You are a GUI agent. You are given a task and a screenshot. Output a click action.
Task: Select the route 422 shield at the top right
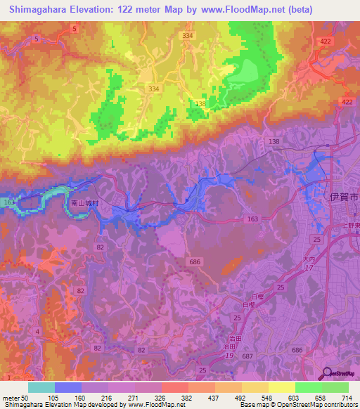pos(325,41)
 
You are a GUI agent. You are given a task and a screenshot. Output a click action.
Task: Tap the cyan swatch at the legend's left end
pos(41,387)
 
